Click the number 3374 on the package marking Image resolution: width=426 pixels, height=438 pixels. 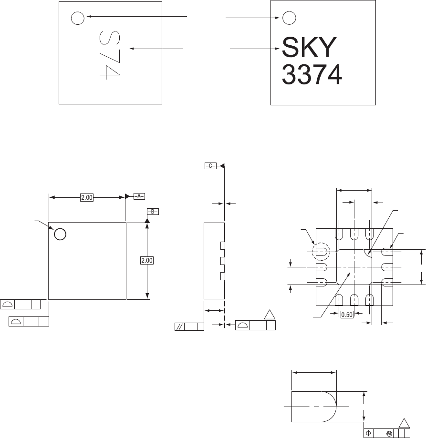[x=312, y=74]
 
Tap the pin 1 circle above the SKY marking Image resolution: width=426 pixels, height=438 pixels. [x=289, y=18]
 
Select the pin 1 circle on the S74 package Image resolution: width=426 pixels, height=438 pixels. [x=78, y=18]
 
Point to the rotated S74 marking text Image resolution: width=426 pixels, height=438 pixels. [x=110, y=55]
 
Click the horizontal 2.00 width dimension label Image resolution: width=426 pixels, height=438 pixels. [x=87, y=197]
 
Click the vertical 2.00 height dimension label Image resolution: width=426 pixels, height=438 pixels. [x=147, y=260]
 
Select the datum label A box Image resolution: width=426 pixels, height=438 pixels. [x=139, y=196]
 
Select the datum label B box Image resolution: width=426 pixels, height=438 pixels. [x=153, y=212]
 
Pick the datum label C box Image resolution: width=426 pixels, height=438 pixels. [x=210, y=166]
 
